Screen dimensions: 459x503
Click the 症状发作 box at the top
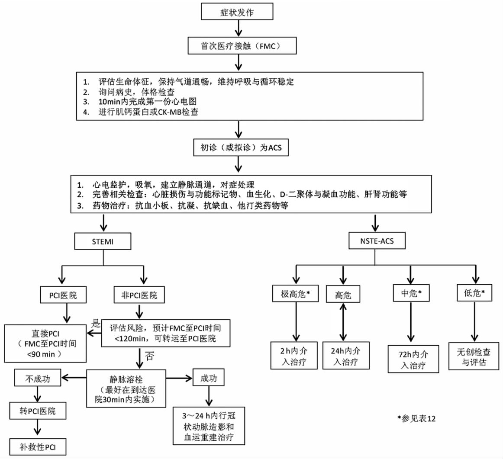tap(237, 13)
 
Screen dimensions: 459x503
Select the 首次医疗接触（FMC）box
tap(242, 46)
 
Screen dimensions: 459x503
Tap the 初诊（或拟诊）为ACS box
tap(241, 148)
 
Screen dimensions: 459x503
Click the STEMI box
tap(103, 241)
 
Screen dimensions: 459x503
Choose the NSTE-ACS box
tap(377, 241)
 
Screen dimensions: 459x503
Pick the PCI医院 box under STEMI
tap(63, 295)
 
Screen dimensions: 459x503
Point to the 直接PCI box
tap(45, 344)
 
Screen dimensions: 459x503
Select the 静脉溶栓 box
tap(126, 388)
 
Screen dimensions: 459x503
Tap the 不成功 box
tap(38, 379)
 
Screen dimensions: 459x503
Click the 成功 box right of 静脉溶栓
tap(209, 379)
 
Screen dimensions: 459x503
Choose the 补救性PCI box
tap(38, 447)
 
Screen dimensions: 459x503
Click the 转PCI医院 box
tap(38, 411)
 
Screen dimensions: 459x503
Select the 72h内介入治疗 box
tap(413, 359)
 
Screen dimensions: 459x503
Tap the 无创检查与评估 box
tap(474, 357)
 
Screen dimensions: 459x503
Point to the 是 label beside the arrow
tap(96, 323)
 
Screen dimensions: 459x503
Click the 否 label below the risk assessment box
tap(149, 356)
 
